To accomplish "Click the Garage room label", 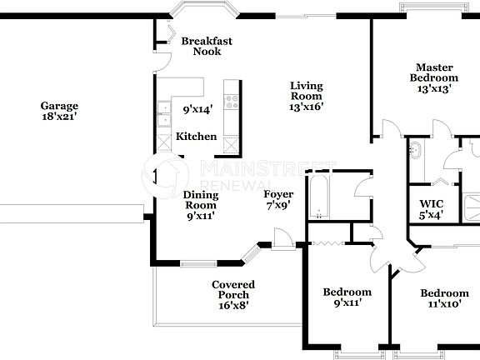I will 59,106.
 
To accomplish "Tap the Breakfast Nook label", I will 207,46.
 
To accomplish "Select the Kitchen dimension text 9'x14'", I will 198,108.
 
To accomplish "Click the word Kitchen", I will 196,137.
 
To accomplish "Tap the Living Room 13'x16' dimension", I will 306,107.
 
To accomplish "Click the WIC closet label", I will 431,202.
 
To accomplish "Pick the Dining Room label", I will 201,200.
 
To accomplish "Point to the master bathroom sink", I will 416,152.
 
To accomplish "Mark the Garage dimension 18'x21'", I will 59,117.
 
